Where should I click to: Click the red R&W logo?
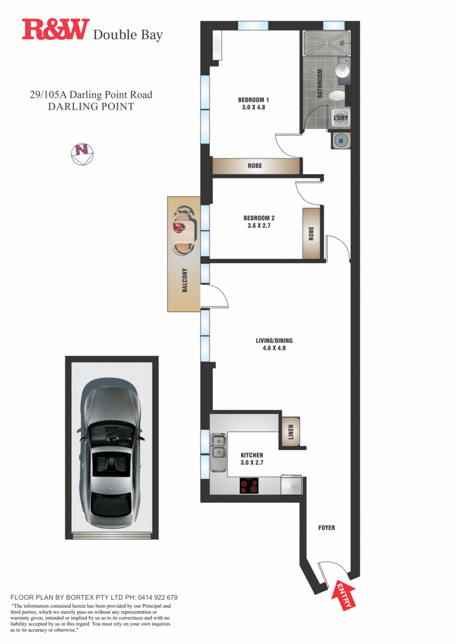[x=55, y=30]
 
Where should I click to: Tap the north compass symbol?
[x=82, y=152]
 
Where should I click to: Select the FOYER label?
[x=327, y=528]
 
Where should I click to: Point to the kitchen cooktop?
[x=250, y=486]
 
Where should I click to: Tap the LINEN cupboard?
[x=290, y=432]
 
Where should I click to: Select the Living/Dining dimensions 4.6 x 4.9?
[x=274, y=348]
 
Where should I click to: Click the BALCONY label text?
[x=184, y=280]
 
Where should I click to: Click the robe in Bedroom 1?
[x=255, y=166]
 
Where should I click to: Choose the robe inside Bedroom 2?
[x=311, y=234]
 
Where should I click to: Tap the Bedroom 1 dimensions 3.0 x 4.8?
[x=250, y=108]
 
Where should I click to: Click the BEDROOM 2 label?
[x=259, y=218]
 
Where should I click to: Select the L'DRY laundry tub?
[x=341, y=118]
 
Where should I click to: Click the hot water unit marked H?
[x=341, y=141]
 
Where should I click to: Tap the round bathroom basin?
[x=342, y=71]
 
